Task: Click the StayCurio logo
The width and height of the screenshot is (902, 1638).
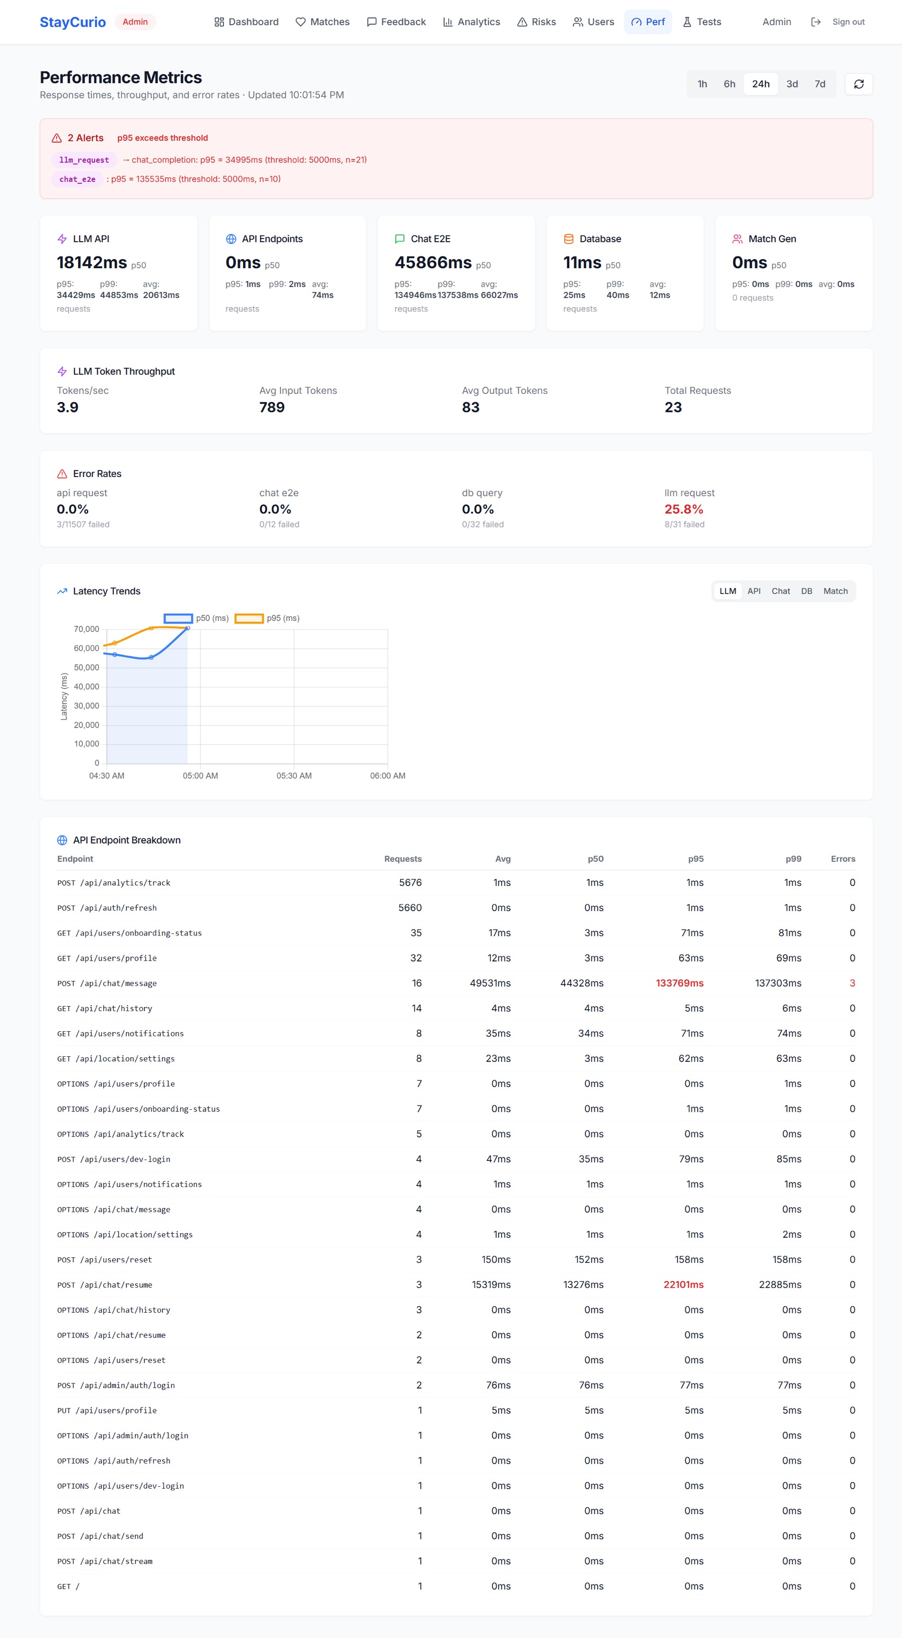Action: point(73,22)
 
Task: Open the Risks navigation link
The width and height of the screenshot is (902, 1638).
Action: point(536,22)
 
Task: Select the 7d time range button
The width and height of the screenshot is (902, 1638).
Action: point(820,84)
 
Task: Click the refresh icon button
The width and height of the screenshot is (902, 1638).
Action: point(859,84)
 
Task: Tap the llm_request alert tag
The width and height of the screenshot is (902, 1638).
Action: point(84,160)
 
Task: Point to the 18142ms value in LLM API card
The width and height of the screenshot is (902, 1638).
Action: point(92,263)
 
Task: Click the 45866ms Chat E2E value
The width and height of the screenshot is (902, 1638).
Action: point(433,263)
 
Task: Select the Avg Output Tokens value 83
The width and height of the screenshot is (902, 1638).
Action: point(471,407)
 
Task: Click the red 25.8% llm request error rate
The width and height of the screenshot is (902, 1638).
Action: point(684,509)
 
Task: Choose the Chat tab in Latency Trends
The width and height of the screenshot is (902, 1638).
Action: point(781,591)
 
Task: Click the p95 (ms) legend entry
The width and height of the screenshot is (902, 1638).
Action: point(267,618)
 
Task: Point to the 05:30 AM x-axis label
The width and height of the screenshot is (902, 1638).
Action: point(294,776)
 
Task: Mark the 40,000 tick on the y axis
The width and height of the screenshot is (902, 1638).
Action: point(87,687)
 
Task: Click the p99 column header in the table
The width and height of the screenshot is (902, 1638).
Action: point(793,859)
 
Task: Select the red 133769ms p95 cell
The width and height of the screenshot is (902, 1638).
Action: point(680,983)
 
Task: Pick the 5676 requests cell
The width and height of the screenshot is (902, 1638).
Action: point(410,882)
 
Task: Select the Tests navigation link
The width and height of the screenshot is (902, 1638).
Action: point(702,22)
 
